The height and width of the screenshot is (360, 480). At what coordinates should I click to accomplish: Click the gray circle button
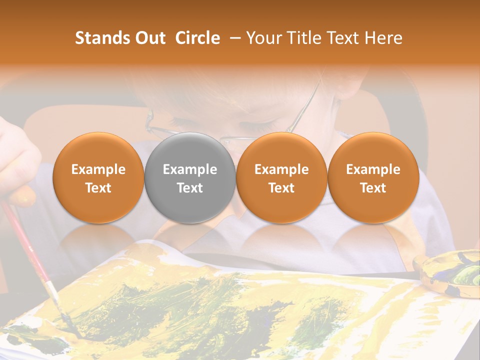(190, 177)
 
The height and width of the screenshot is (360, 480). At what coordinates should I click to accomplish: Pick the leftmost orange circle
(98, 177)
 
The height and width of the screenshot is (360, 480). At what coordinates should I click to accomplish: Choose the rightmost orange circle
(373, 177)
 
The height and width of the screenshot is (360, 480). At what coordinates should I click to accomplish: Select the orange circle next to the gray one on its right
(281, 177)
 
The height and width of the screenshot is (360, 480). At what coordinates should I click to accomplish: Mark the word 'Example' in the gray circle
(190, 169)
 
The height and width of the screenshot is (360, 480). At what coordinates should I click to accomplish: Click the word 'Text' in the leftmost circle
(98, 188)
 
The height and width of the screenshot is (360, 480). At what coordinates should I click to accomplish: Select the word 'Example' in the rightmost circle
(373, 169)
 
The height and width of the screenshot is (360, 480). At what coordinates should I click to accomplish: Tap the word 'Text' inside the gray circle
(190, 188)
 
